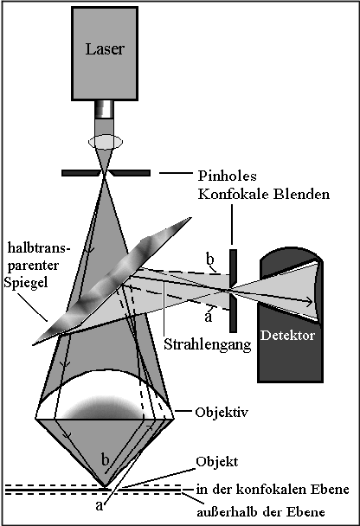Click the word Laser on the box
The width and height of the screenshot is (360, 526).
tap(104, 48)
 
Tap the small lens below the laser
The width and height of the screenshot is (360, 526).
tap(104, 140)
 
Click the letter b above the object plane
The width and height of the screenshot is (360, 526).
tap(106, 459)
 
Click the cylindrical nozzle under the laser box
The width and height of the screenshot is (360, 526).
tap(104, 110)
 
